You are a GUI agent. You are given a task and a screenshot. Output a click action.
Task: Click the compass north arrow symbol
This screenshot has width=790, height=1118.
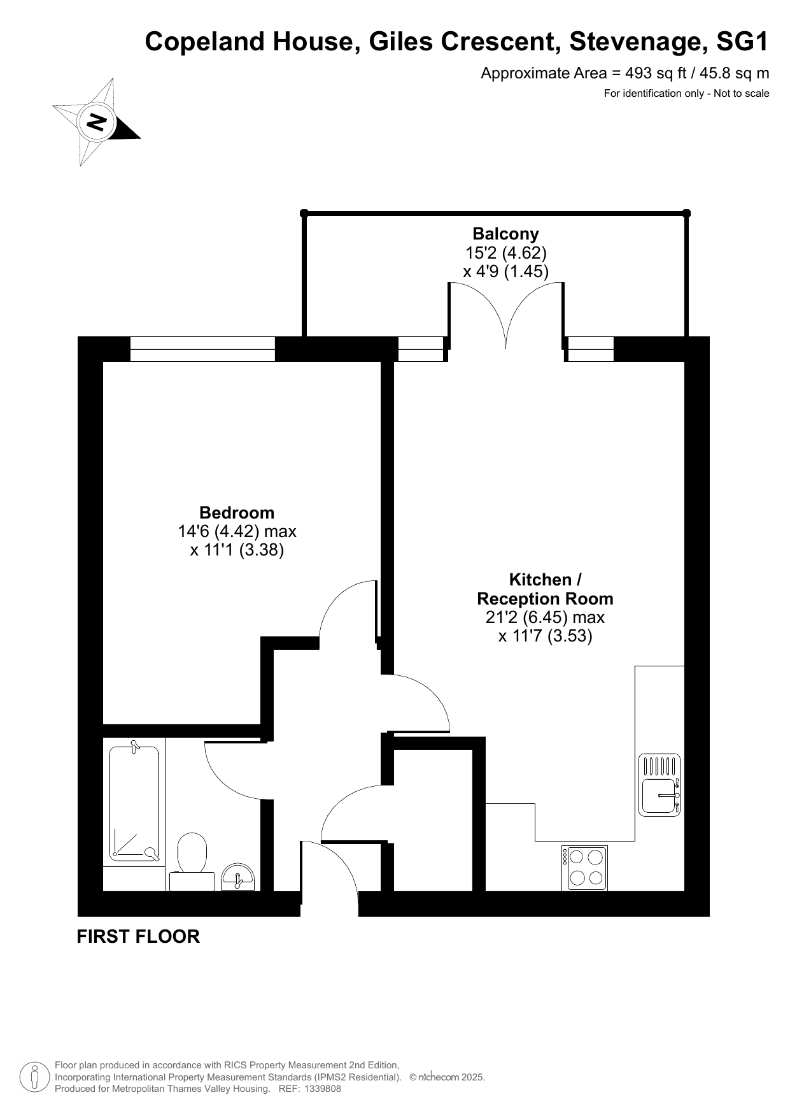point(96,122)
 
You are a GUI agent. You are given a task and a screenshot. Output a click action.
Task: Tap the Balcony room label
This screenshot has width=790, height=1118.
point(505,234)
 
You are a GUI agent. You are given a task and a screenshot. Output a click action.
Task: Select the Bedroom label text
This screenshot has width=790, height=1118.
point(237,513)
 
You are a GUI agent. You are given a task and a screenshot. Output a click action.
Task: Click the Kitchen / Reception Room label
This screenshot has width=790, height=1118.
point(545,589)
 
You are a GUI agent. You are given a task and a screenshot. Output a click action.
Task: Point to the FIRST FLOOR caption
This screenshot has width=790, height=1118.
point(138,936)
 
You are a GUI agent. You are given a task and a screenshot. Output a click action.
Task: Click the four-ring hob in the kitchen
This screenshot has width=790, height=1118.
point(584,868)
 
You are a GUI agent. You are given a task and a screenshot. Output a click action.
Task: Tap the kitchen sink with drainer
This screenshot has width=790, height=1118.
point(660,785)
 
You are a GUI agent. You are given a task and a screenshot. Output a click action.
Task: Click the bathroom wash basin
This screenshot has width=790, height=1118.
point(237,877)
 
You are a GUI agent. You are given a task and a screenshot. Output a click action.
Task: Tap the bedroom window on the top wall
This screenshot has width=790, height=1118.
point(202,349)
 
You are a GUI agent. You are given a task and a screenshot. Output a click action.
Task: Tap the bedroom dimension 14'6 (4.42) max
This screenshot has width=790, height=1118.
point(237,531)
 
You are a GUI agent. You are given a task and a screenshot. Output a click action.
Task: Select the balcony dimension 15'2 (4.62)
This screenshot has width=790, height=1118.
point(505,253)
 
